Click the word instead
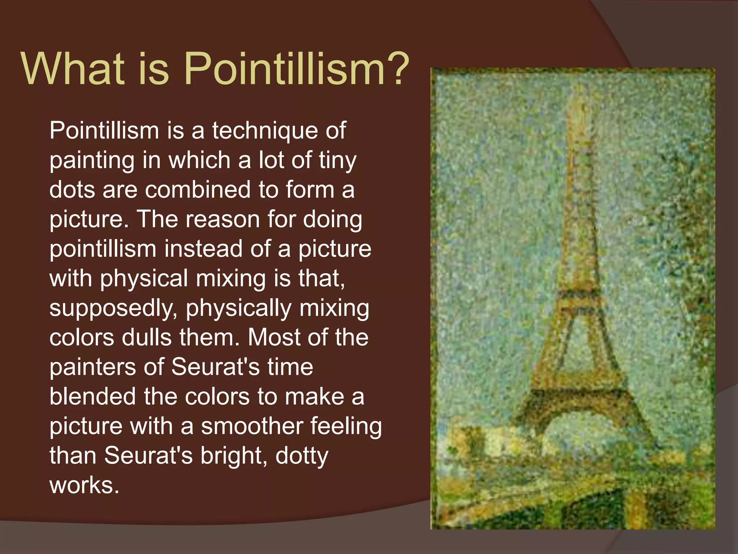(x=203, y=249)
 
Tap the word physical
(x=144, y=278)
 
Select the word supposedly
(x=114, y=308)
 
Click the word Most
(x=274, y=338)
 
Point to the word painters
(x=92, y=367)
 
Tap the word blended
(x=93, y=396)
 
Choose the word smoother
(x=252, y=426)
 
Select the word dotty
(x=302, y=456)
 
